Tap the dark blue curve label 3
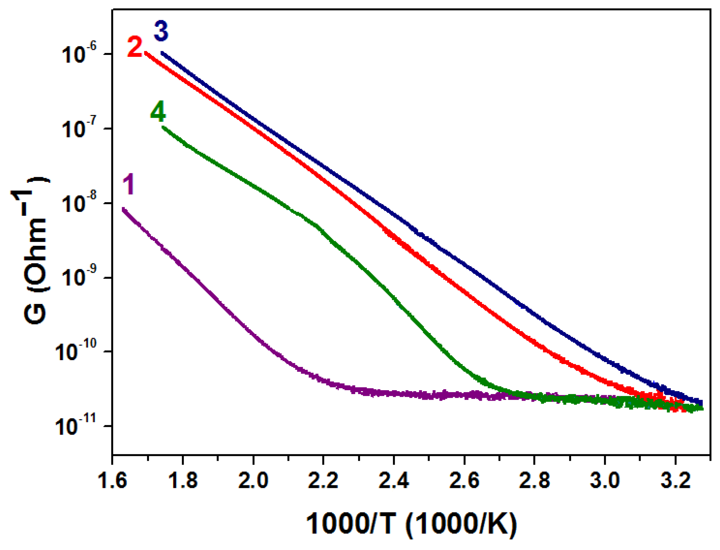coord(161,31)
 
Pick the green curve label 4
coord(158,111)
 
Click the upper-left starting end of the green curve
coord(163,127)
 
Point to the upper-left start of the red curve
coord(146,52)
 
